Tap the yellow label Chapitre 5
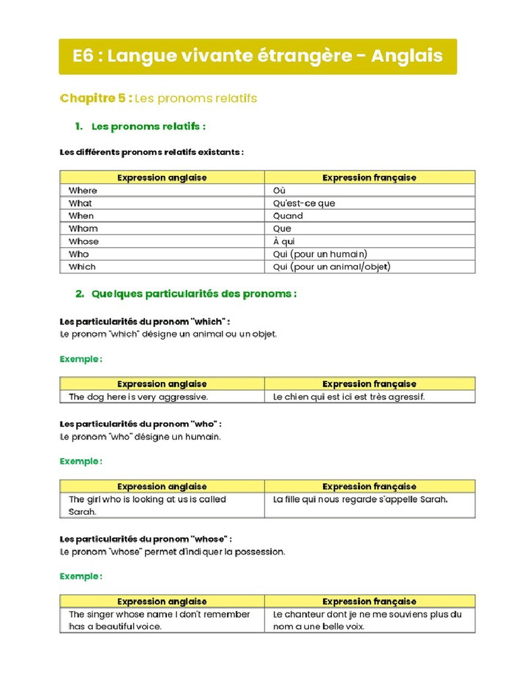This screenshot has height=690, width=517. [x=96, y=98]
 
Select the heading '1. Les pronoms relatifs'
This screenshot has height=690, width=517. [x=140, y=127]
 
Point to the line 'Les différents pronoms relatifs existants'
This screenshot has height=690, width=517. [x=151, y=152]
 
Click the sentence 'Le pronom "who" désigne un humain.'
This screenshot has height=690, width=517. [x=140, y=437]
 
